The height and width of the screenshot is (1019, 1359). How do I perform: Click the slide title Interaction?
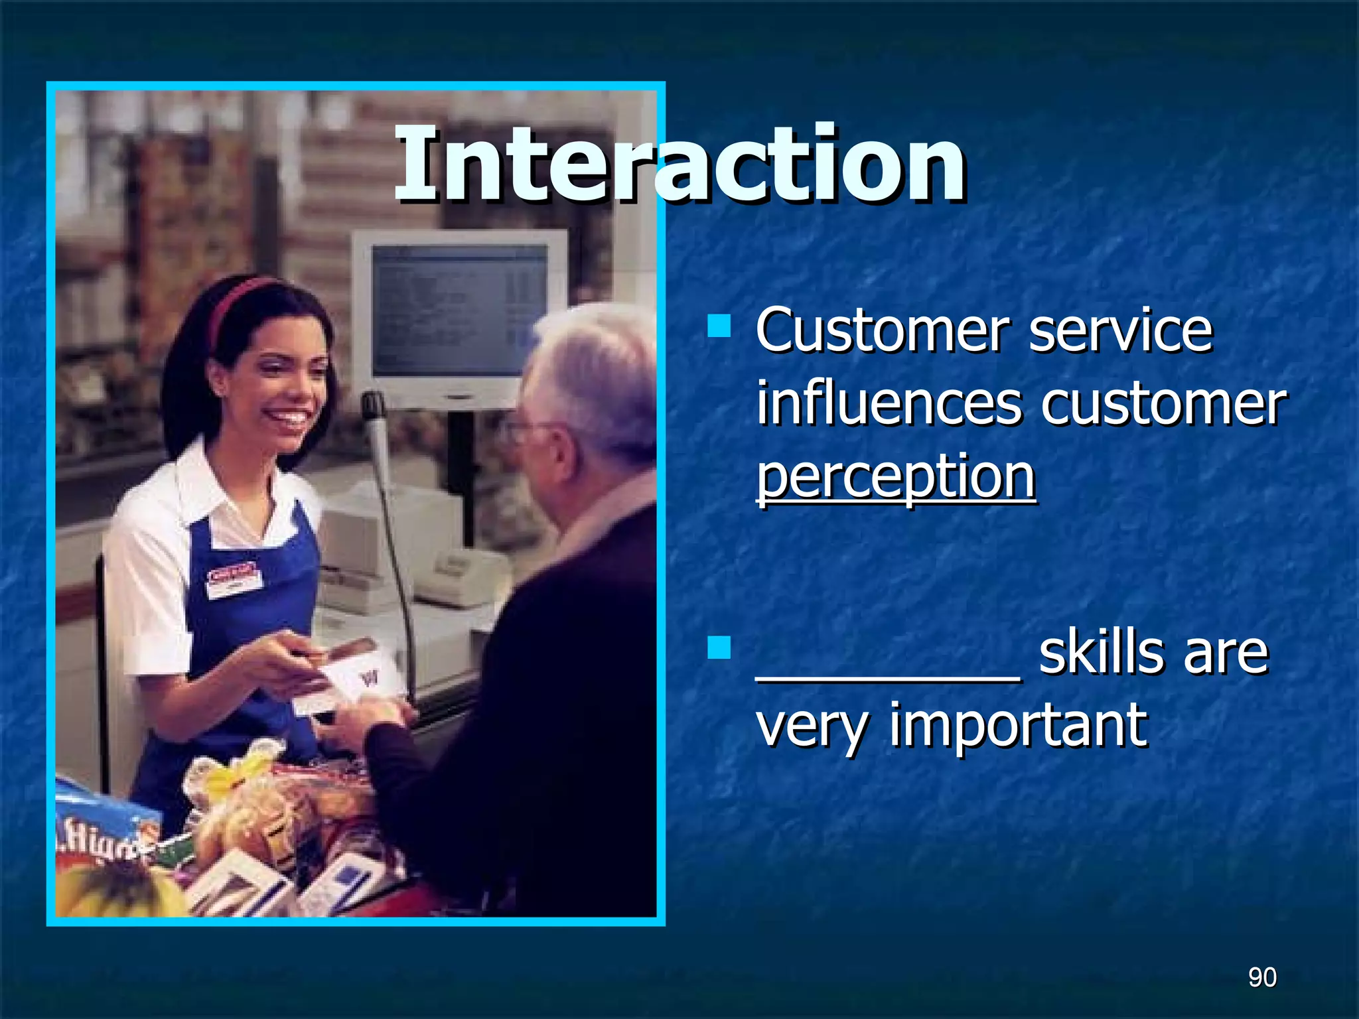point(679,165)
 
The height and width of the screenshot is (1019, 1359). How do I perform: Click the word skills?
point(1099,653)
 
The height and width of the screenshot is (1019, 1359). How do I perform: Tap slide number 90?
point(1261,977)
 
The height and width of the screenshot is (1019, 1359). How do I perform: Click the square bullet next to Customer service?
point(719,326)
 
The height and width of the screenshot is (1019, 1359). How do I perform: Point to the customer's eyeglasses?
point(524,431)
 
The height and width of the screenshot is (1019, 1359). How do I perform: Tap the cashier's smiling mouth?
point(288,419)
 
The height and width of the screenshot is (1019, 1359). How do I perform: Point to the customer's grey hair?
point(597,372)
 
